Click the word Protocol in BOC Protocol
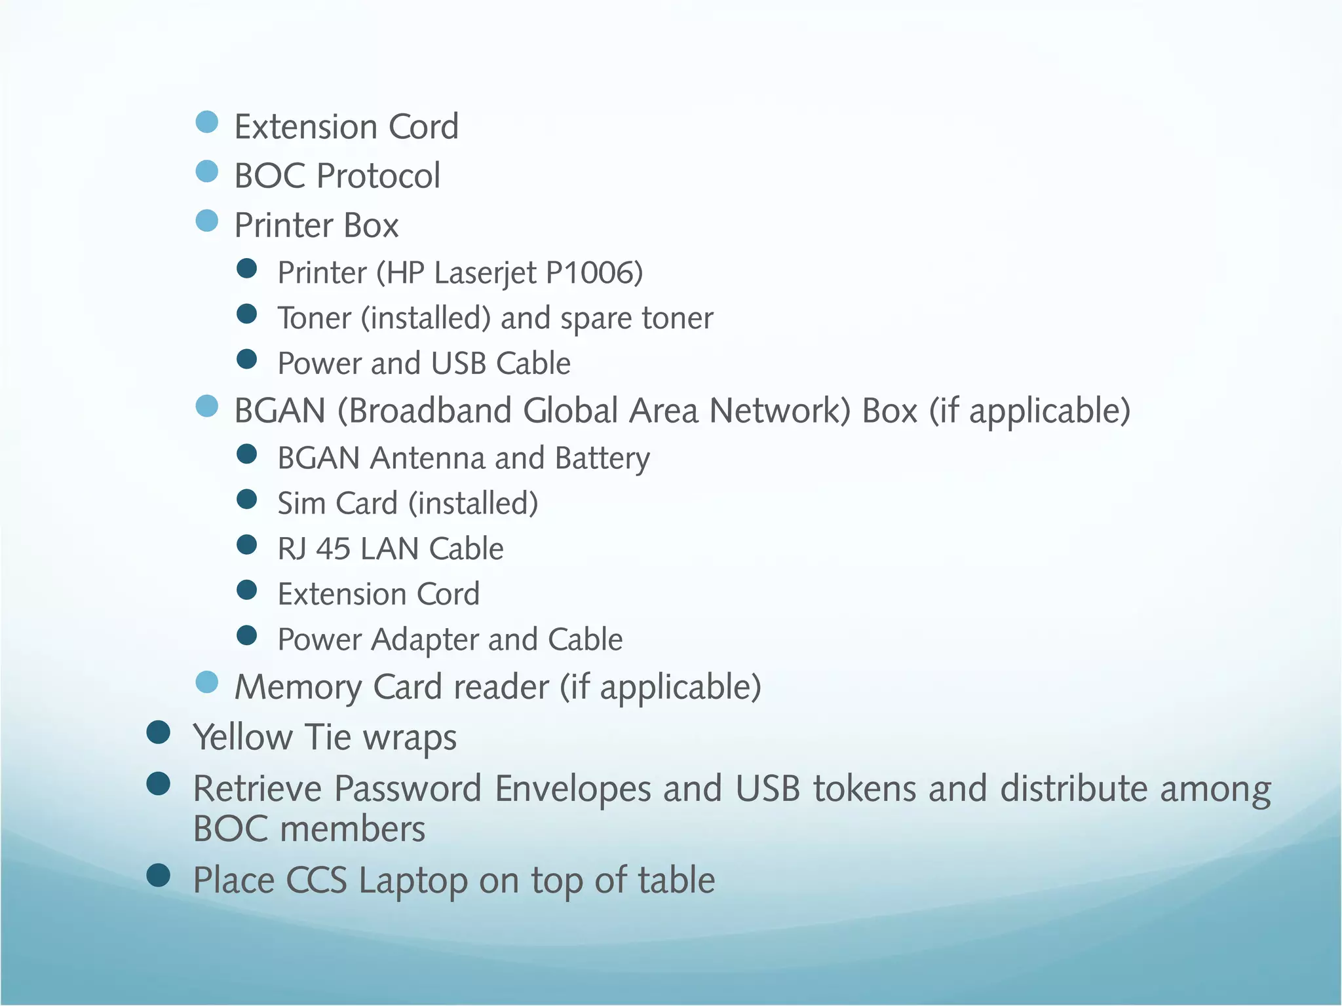click(378, 176)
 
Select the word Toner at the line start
click(315, 318)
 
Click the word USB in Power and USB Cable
click(459, 363)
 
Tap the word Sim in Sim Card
click(301, 504)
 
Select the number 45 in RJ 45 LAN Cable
click(333, 549)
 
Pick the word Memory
click(298, 688)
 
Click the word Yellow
click(242, 737)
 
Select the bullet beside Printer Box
click(207, 221)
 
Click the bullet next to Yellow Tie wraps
click(159, 732)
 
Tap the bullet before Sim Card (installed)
click(247, 499)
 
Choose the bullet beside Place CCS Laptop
click(159, 875)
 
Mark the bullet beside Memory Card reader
click(207, 682)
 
